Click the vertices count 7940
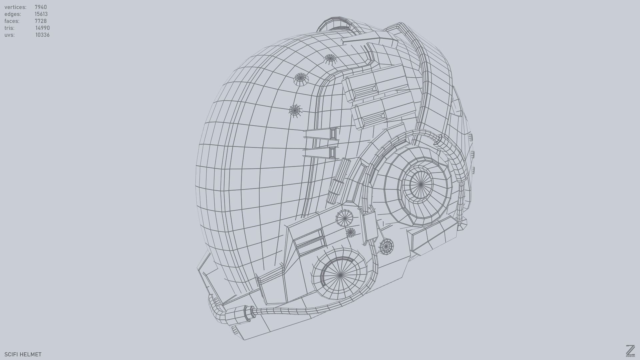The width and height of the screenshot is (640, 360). pos(41,7)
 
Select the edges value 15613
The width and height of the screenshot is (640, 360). pos(41,14)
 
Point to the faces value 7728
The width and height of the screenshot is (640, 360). pos(41,21)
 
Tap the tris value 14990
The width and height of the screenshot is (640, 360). pos(42,28)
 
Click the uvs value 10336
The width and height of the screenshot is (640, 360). pos(42,35)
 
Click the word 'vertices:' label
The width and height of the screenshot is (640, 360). pos(15,7)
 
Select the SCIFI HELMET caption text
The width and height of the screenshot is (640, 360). pos(23,354)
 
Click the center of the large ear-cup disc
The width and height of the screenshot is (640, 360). pos(421,184)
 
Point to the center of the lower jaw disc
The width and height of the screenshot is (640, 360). pos(340,275)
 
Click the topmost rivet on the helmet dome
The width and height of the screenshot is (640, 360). pos(330,59)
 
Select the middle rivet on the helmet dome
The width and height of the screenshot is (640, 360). pos(301,79)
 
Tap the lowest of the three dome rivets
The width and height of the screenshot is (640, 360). pos(295,110)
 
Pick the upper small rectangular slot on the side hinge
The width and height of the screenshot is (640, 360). pos(333,134)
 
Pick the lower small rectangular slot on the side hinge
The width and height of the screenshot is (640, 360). pos(332,153)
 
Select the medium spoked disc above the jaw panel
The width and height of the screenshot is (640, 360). pos(344,218)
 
